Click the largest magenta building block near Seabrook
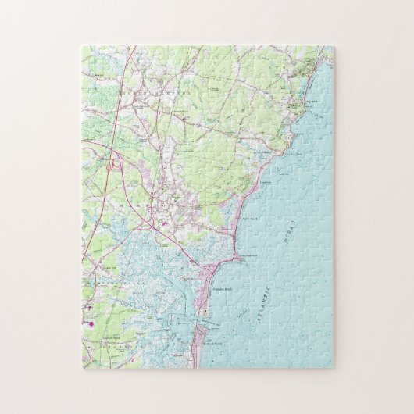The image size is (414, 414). (92, 323)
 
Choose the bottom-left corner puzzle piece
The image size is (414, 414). (91, 359)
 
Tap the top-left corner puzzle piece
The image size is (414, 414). (91, 57)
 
